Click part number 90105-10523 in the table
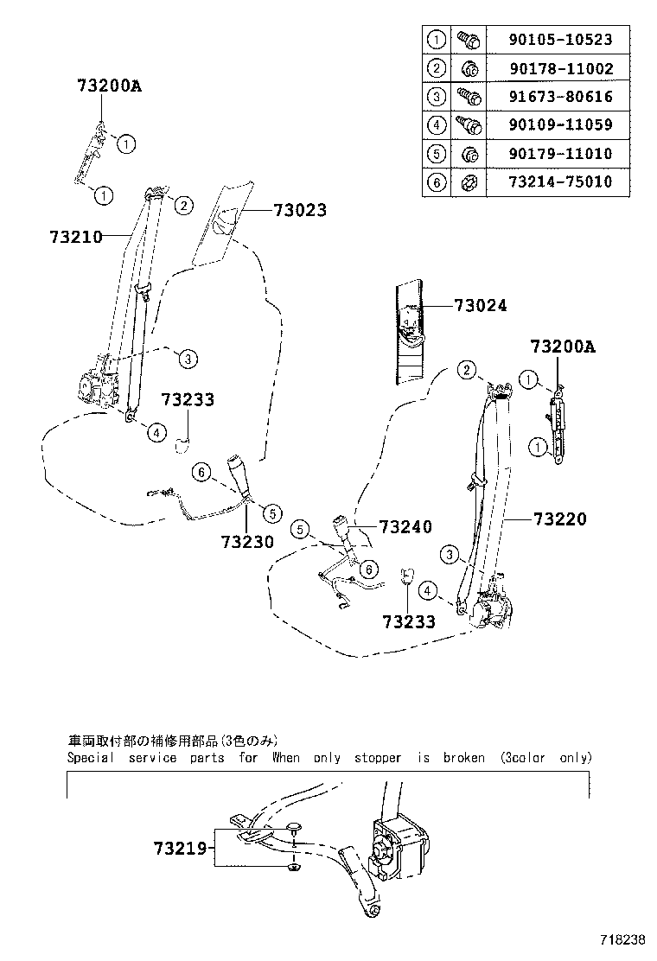561,39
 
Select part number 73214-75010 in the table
561,182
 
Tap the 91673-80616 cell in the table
561,96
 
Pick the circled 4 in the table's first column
436,124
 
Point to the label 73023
300,209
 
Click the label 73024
480,306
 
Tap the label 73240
405,527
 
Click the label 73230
247,542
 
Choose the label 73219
182,849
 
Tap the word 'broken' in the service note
464,758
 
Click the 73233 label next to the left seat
187,399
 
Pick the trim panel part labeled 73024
411,333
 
